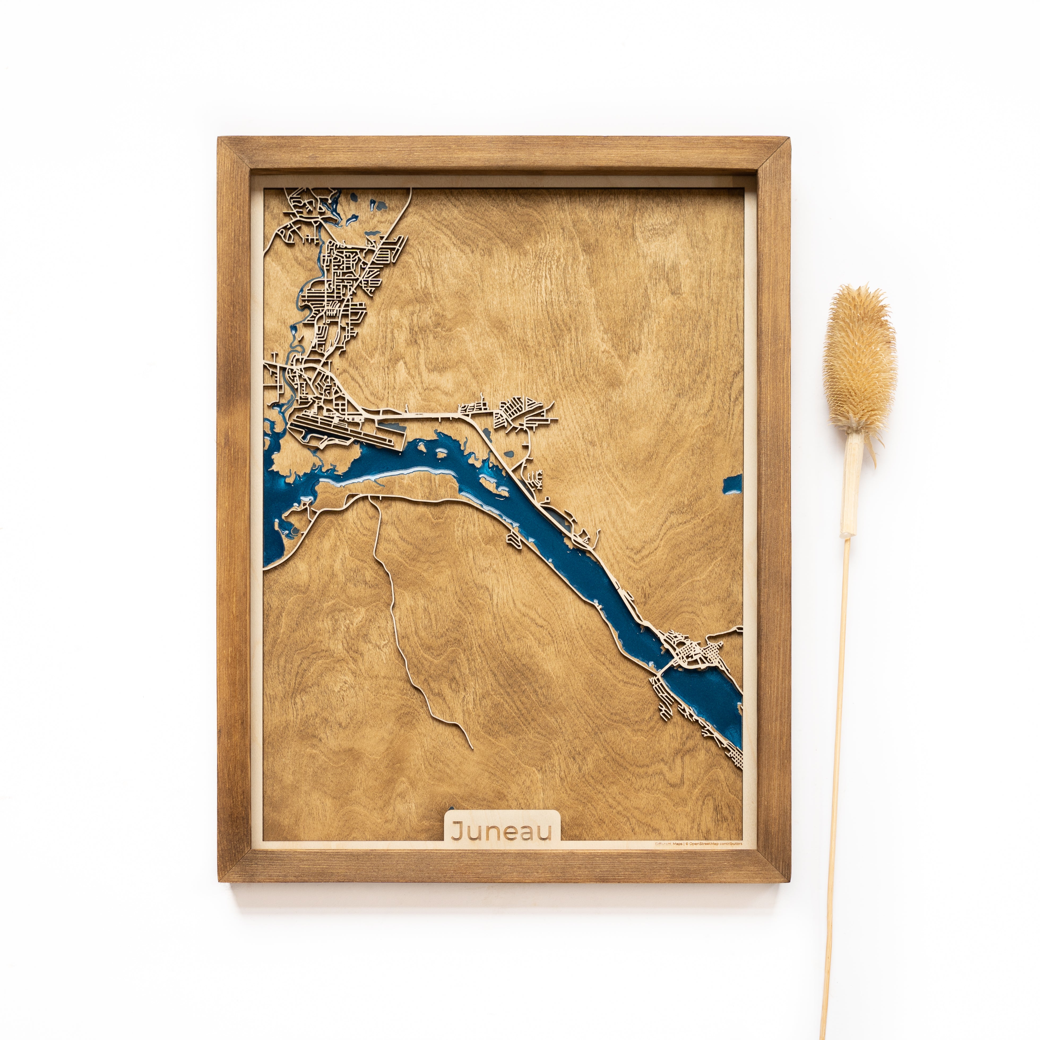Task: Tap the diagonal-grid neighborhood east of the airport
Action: (x=519, y=412)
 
